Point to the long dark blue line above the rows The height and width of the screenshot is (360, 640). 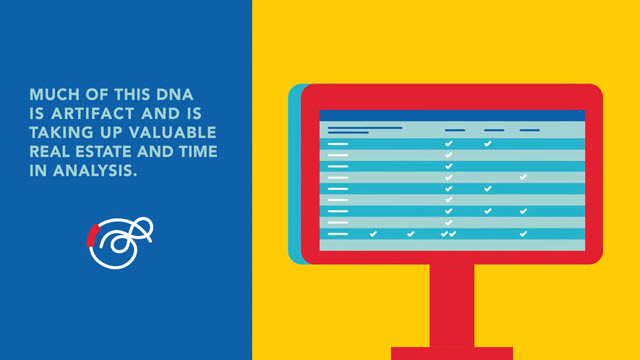[x=365, y=128]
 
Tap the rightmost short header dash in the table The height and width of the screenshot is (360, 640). [x=529, y=130]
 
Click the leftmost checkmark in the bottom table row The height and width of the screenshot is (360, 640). [x=373, y=233]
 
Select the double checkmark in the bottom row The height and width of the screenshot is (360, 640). [x=449, y=233]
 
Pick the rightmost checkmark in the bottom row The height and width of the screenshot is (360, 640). [x=523, y=233]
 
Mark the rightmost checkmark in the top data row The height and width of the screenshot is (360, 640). [x=487, y=144]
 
